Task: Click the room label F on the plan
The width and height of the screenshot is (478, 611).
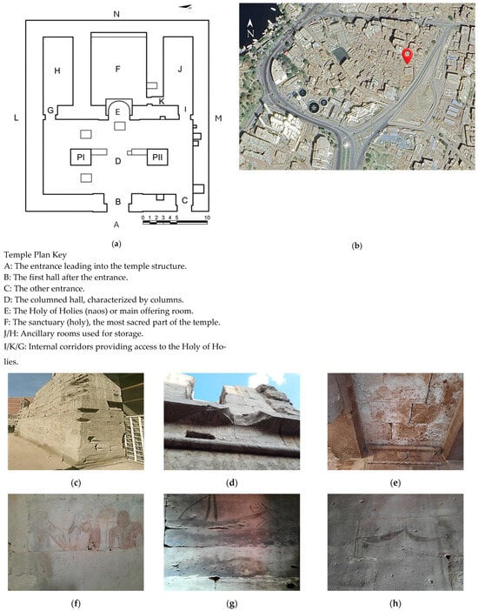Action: pos(117,69)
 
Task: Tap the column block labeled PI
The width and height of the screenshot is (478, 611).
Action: pos(81,157)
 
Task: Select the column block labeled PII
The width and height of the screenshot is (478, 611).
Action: pos(157,157)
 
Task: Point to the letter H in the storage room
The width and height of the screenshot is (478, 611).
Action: pos(57,70)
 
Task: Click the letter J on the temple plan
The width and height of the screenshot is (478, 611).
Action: pos(180,69)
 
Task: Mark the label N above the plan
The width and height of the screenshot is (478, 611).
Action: pos(116,15)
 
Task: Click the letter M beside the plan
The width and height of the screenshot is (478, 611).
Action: pos(218,118)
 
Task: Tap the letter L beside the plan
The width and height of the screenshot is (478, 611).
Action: pos(16,117)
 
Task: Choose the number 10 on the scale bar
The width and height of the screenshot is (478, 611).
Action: pos(207,218)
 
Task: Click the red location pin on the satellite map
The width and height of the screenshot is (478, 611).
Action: pos(407,56)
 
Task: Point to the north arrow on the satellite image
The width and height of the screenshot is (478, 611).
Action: pos(250,29)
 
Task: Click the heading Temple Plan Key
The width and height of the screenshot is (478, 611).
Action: pos(36,255)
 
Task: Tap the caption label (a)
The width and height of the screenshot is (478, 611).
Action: pos(116,245)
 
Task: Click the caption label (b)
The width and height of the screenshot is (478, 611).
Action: pos(356,246)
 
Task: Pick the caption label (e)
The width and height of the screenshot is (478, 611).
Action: pos(395,483)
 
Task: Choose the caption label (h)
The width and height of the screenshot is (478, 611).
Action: pos(395,603)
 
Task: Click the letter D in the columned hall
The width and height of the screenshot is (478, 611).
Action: pos(118,161)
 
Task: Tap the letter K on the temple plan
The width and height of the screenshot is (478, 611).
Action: pos(162,102)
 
